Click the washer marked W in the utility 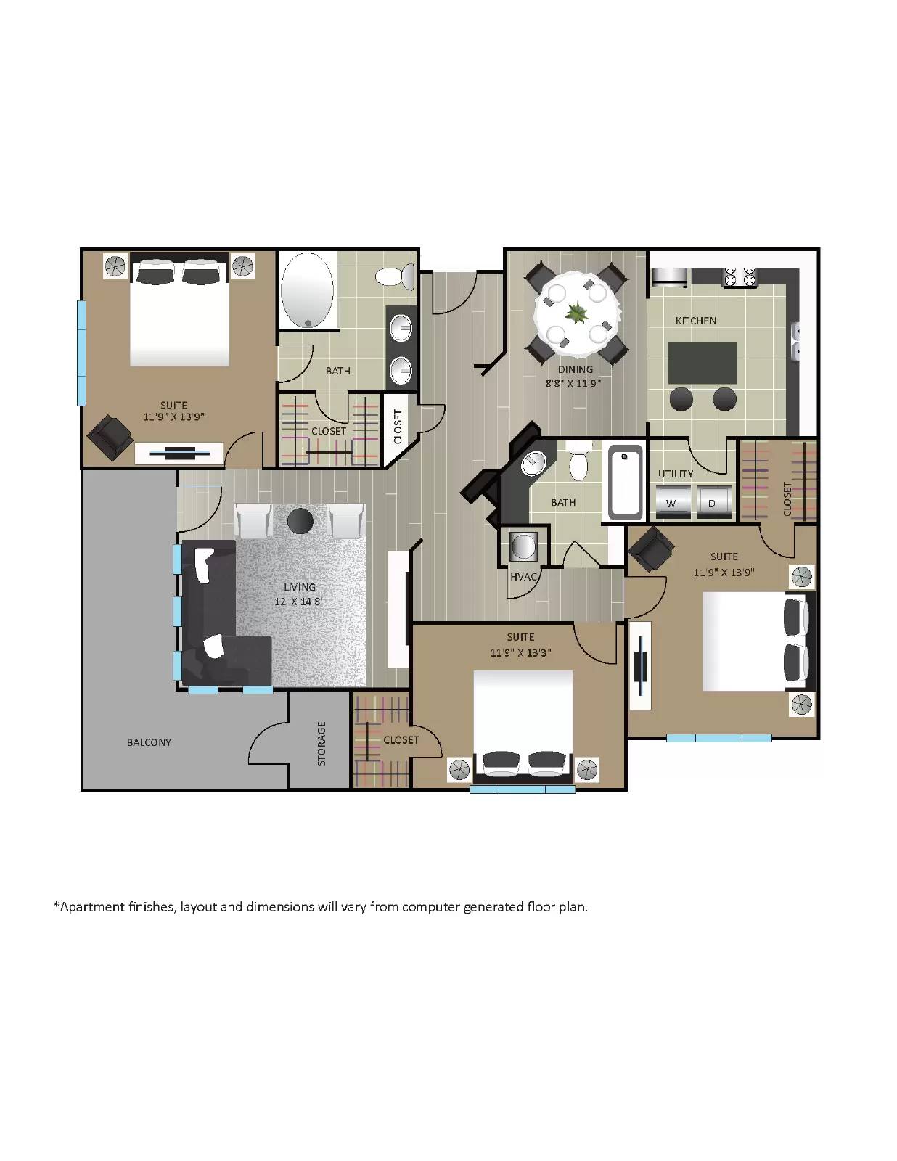672,502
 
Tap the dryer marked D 712,502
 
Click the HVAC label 524,577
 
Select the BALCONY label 149,742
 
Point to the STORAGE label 321,743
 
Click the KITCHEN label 696,321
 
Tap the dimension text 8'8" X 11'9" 573,383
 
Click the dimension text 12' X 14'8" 299,601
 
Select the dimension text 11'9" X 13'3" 520,652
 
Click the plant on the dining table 577,313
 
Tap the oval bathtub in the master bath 308,290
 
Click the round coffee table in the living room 300,520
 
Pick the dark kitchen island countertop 703,363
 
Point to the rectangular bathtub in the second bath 625,482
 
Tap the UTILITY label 675,474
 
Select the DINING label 576,369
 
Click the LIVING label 299,587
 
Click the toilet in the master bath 396,276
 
